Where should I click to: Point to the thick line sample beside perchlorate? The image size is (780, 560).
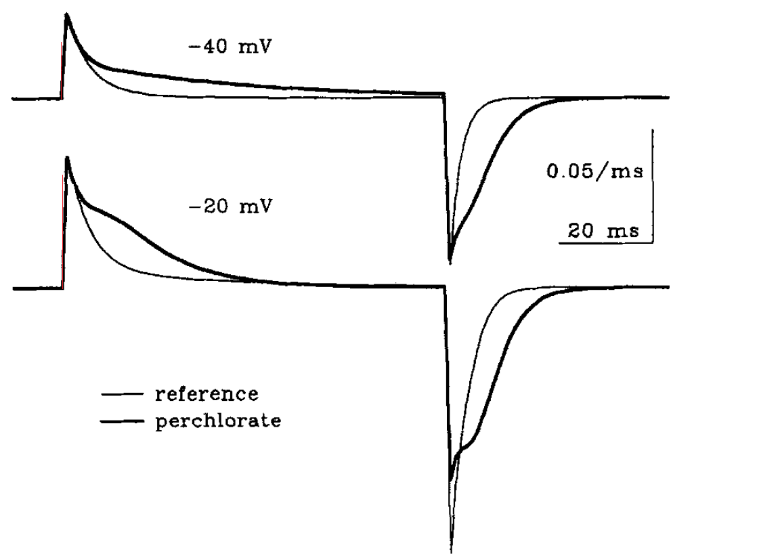(123, 421)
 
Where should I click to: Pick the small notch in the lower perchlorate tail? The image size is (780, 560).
(458, 456)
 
